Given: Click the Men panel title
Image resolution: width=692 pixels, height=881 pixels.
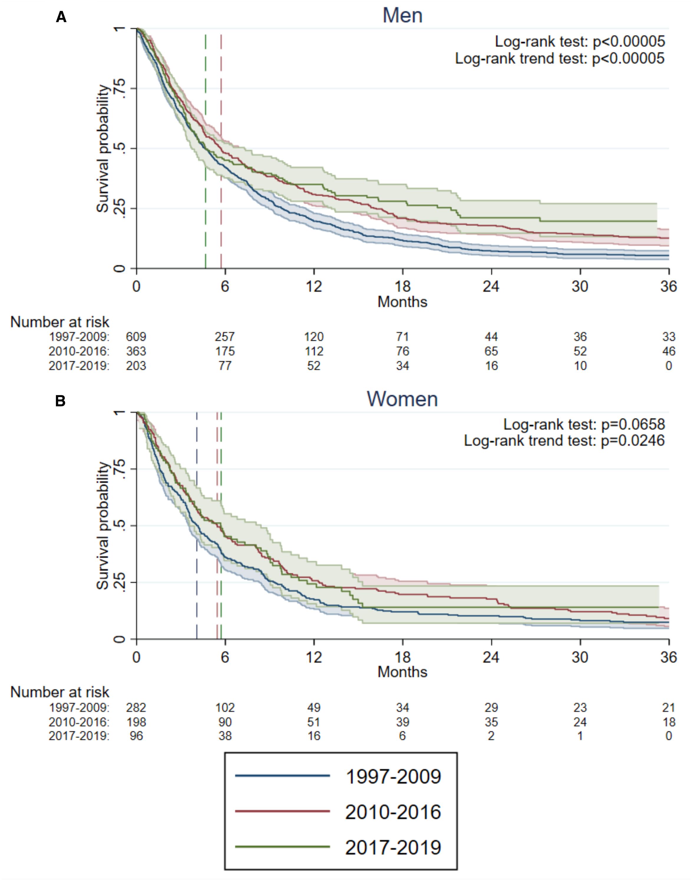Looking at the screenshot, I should point(402,16).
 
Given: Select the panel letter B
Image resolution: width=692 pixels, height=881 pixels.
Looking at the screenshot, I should point(60,401).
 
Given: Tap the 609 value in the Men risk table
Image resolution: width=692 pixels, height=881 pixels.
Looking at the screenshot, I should point(136,337).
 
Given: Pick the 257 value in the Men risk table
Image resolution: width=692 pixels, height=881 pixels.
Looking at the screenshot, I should point(225,337).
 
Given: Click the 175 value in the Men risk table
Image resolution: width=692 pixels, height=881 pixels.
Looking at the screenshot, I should point(225,351).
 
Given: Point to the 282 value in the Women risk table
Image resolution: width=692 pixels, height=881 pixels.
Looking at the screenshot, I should point(136,708).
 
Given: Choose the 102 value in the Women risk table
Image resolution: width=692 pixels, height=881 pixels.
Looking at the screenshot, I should point(225,708).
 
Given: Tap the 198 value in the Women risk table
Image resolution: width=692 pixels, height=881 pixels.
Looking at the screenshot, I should point(136,722).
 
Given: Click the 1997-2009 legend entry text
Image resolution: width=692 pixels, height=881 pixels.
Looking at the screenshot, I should point(393,776).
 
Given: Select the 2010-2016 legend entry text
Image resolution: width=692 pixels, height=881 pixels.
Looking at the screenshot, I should point(393,812).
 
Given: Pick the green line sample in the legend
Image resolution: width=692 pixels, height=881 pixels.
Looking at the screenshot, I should point(283,847).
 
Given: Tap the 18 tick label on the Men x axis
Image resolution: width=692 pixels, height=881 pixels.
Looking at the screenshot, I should point(402,287).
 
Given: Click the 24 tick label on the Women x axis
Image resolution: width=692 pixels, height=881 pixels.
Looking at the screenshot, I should point(491,657).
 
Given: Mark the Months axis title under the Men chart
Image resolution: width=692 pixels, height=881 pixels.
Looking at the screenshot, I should point(402,302).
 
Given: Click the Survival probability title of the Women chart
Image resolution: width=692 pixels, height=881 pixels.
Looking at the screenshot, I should point(103,525).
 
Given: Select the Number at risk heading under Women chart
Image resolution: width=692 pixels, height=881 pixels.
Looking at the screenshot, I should point(60,692).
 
